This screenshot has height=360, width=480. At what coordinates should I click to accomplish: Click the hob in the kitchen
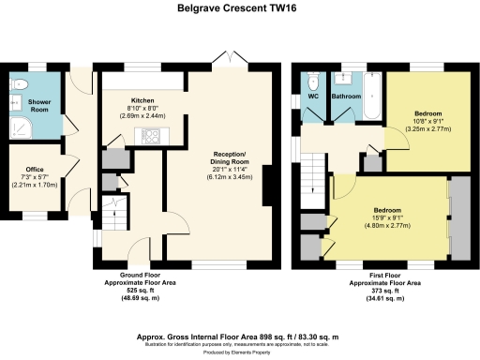point(150,135)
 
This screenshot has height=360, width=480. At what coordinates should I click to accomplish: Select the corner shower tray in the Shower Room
point(18,126)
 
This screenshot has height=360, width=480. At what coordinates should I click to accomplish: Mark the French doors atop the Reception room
point(226,60)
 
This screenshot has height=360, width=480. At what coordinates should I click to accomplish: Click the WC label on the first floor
point(312,96)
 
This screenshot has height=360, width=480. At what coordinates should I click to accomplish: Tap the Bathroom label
point(346,96)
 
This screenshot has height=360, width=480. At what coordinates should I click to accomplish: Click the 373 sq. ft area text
point(384,290)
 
